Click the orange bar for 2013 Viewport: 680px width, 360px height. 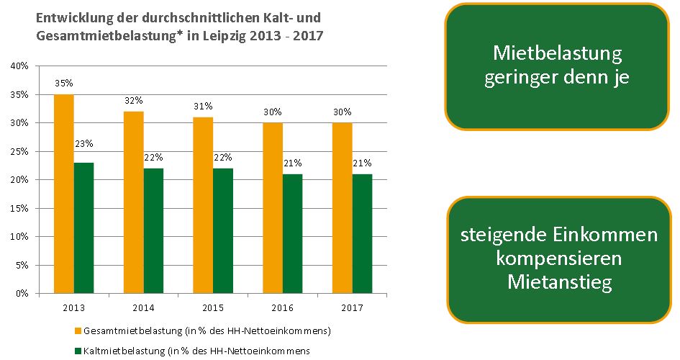click(63, 194)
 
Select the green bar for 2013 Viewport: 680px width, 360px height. click(83, 228)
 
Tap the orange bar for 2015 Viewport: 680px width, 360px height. click(203, 205)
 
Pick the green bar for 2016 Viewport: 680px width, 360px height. click(293, 233)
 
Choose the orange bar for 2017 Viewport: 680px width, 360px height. click(343, 208)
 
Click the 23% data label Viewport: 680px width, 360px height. click(83, 143)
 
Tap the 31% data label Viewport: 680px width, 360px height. click(203, 106)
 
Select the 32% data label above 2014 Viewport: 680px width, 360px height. click(134, 100)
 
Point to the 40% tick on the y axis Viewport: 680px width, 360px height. click(19, 66)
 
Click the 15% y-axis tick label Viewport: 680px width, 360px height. click(19, 208)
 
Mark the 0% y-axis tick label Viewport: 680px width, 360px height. click(22, 294)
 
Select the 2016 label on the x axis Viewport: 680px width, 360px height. click(282, 307)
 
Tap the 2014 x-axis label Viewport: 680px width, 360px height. click(143, 307)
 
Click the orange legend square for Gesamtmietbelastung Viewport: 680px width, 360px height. click(77, 331)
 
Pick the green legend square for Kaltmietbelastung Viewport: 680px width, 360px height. click(77, 351)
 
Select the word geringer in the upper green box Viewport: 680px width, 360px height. click(525, 77)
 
